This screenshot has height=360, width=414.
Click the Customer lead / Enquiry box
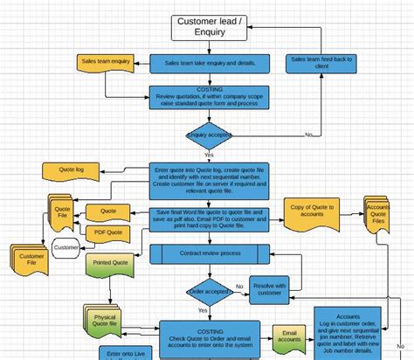click(209, 26)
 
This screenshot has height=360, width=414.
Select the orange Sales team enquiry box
click(107, 63)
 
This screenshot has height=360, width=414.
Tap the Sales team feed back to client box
click(321, 63)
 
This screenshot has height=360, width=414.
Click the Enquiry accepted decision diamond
click(209, 135)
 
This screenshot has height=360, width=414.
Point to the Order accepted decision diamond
click(209, 291)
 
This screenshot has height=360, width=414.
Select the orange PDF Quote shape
click(107, 232)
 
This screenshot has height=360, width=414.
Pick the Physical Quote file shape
click(107, 317)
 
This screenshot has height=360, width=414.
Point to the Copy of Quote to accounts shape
click(310, 212)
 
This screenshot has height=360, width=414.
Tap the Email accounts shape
click(290, 336)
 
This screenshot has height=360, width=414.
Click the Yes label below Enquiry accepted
click(209, 155)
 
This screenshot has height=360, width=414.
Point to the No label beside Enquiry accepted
click(309, 135)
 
